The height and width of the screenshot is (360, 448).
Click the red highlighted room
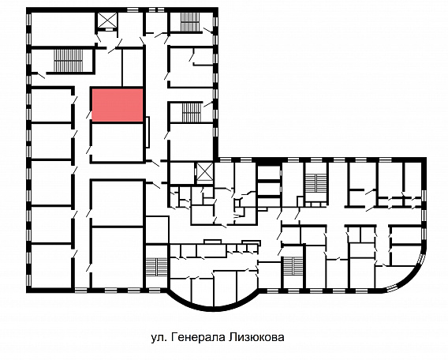[118, 105]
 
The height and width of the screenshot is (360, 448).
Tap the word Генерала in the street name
[198, 337]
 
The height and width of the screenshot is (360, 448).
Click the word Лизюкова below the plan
[256, 337]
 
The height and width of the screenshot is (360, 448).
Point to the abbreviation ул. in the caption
[159, 338]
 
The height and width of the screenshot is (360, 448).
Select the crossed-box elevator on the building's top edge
[108, 21]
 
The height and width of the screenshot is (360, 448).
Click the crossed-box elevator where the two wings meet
[205, 172]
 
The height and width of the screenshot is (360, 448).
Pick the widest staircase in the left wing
[69, 61]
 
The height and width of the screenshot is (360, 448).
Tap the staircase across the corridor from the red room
[192, 113]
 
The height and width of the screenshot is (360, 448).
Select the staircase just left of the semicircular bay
[156, 267]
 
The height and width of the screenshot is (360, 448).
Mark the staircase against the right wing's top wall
[315, 184]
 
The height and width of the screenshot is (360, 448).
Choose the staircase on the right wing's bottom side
[292, 267]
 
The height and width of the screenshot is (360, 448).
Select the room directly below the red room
[118, 142]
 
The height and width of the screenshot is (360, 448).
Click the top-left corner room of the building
[63, 28]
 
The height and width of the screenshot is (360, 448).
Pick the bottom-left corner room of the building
[50, 265]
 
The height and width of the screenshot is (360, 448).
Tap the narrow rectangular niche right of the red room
[147, 132]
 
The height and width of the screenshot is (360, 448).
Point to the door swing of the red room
[89, 114]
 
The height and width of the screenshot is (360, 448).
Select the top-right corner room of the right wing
[413, 178]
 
